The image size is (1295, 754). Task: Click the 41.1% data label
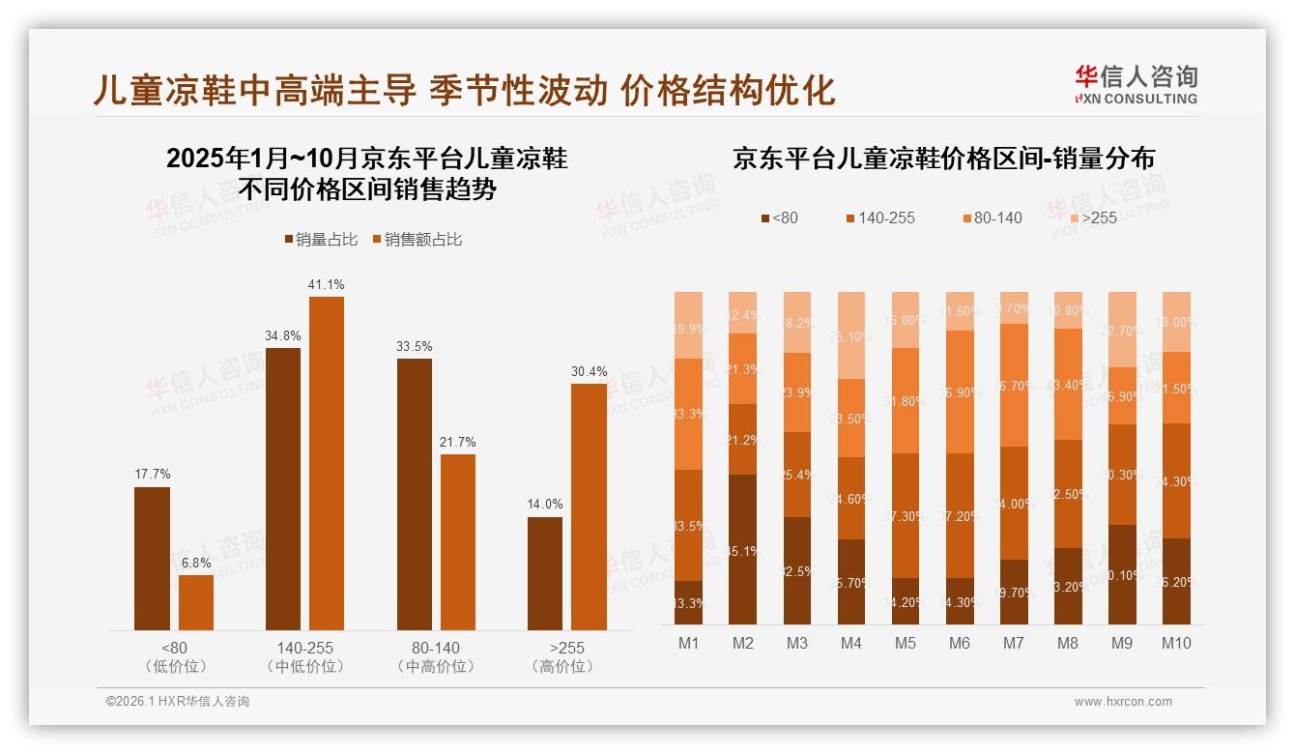pos(326,284)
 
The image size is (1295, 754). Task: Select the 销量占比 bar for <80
pos(152,558)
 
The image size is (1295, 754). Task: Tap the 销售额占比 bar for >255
pos(589,507)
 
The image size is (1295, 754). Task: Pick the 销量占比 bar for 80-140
pos(414,494)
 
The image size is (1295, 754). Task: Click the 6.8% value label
pos(196,563)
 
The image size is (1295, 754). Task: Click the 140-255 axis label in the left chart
pos(303,648)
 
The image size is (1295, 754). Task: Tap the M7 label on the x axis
pos(1014,643)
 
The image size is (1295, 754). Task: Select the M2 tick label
pos(743,643)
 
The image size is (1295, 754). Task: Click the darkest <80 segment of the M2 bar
pos(743,548)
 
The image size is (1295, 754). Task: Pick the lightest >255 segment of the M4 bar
pos(851,334)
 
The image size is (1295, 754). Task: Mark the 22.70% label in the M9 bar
pos(1122,330)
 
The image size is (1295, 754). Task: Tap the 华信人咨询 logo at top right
pos(1136,84)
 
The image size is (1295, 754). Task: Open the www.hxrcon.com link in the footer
pos(1123,702)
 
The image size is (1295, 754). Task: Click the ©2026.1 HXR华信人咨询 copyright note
pos(178,702)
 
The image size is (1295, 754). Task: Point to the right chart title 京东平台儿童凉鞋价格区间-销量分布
pos(943,159)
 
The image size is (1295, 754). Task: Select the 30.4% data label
pos(589,371)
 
